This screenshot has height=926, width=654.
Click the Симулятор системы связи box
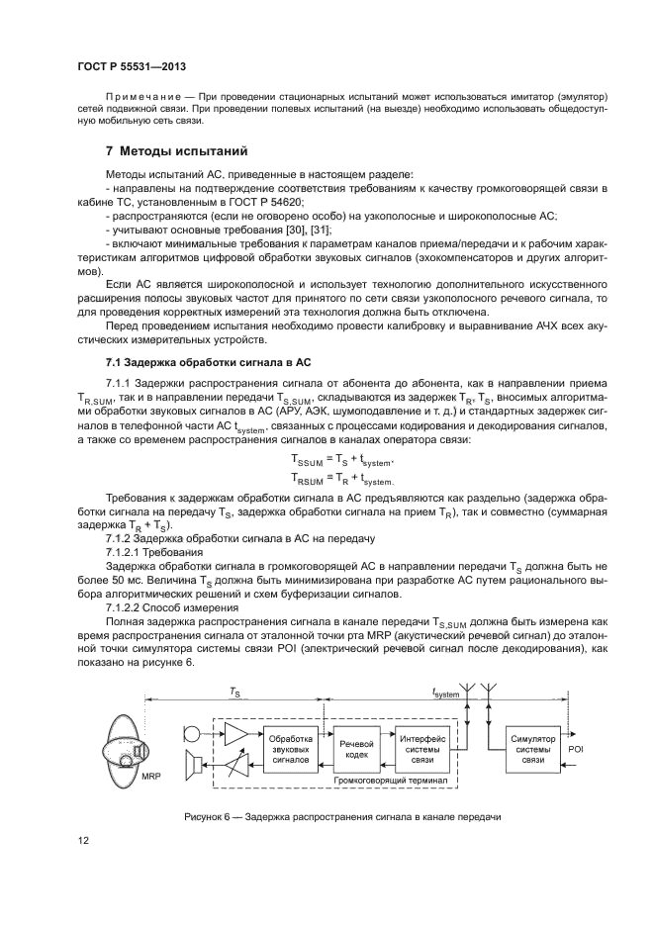click(x=533, y=749)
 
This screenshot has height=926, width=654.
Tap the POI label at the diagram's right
click(x=577, y=751)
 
